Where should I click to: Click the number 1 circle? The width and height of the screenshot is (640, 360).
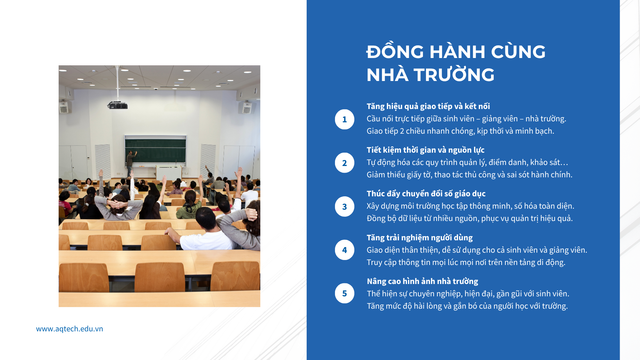(x=344, y=119)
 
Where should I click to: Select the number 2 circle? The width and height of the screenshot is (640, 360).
(x=344, y=163)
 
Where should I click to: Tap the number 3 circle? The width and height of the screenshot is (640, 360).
(x=344, y=207)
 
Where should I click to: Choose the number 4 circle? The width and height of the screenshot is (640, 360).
(x=344, y=250)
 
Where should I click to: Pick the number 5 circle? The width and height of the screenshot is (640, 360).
(x=344, y=293)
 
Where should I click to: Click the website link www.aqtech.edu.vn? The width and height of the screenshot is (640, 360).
(x=69, y=329)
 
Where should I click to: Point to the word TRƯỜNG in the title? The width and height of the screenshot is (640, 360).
(x=454, y=75)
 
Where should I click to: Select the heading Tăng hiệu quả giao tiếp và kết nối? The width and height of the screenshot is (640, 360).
(x=428, y=106)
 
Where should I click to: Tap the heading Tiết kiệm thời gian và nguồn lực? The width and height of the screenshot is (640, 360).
(x=426, y=150)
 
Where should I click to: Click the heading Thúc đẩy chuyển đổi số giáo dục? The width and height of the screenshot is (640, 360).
(x=426, y=194)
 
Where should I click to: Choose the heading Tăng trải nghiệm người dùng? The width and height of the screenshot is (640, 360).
(x=420, y=238)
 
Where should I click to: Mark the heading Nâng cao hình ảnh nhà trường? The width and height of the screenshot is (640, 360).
(x=422, y=281)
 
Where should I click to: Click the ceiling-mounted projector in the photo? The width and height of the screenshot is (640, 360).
(x=118, y=105)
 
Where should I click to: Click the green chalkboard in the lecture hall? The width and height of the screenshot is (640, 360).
(x=155, y=151)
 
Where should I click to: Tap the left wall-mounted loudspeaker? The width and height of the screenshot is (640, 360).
(x=64, y=107)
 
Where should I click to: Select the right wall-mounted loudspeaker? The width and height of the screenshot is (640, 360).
(x=247, y=107)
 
